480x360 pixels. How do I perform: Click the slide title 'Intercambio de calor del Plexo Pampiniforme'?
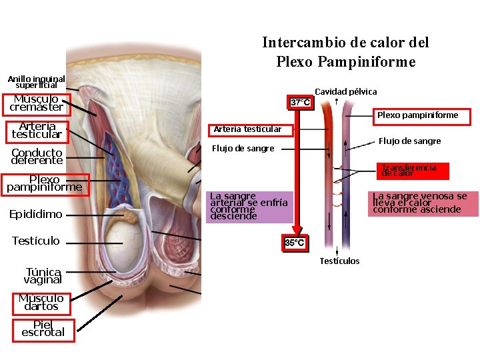pyautogui.click(x=345, y=52)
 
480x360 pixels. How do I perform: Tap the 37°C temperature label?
pyautogui.click(x=300, y=102)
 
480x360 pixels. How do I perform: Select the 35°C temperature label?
pyautogui.click(x=295, y=243)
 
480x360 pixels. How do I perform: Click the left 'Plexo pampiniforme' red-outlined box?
pyautogui.click(x=44, y=183)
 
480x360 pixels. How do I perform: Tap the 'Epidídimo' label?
pyautogui.click(x=36, y=214)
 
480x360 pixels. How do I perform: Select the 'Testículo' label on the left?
pyautogui.click(x=36, y=241)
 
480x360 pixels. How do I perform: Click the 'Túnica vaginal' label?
pyautogui.click(x=43, y=275)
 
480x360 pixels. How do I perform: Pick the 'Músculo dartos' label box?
pyautogui.click(x=41, y=302)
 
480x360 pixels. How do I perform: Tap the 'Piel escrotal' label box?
pyautogui.click(x=43, y=329)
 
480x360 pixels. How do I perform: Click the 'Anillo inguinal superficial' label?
pyautogui.click(x=36, y=81)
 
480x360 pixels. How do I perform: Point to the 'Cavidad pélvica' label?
pyautogui.click(x=345, y=91)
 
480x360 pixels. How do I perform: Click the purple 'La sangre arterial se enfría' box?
pyautogui.click(x=249, y=206)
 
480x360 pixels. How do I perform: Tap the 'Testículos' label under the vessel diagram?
pyautogui.click(x=339, y=261)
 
